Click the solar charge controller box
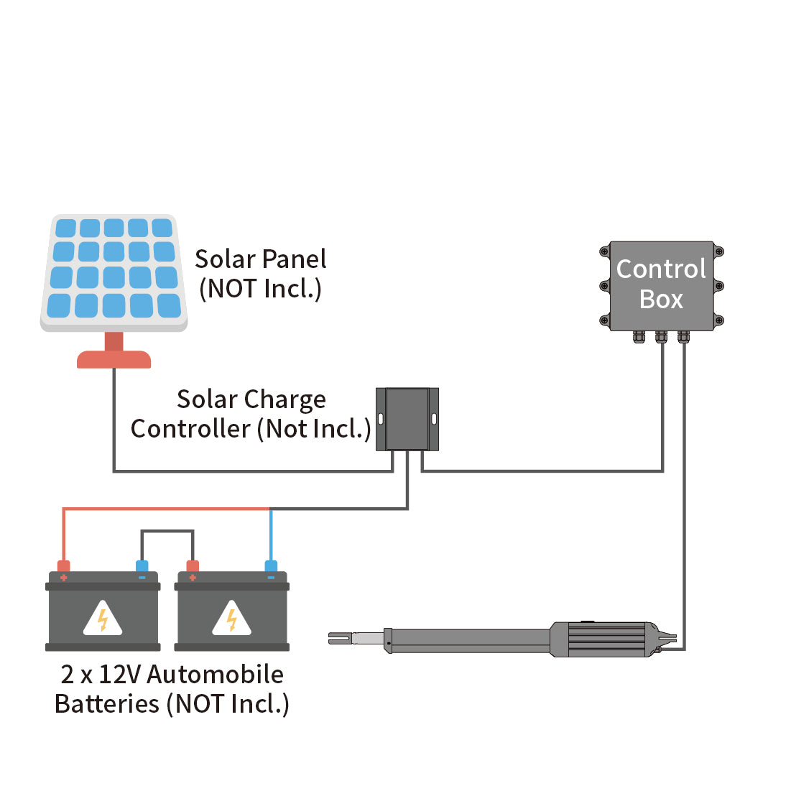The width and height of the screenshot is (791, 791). [407, 419]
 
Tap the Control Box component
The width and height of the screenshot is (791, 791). [661, 285]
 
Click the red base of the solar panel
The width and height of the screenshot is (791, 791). [114, 359]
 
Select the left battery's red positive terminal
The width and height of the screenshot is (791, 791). [63, 566]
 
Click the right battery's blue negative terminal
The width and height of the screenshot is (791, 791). [271, 566]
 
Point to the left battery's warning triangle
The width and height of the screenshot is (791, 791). [103, 619]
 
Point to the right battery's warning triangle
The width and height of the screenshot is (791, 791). [232, 619]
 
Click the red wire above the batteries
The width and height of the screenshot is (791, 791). [165, 509]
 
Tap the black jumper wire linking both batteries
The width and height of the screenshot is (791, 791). [167, 531]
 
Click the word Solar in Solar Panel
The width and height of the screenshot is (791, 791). [225, 259]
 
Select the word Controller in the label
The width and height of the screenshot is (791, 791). [190, 429]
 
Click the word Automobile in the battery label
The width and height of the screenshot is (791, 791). [215, 674]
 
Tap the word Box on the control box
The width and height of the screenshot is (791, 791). [661, 299]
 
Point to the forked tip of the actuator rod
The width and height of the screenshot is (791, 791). [339, 637]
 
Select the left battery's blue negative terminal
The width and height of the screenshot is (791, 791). [142, 566]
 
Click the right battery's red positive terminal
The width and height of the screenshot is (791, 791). [192, 566]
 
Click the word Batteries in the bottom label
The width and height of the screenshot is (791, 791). [107, 703]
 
